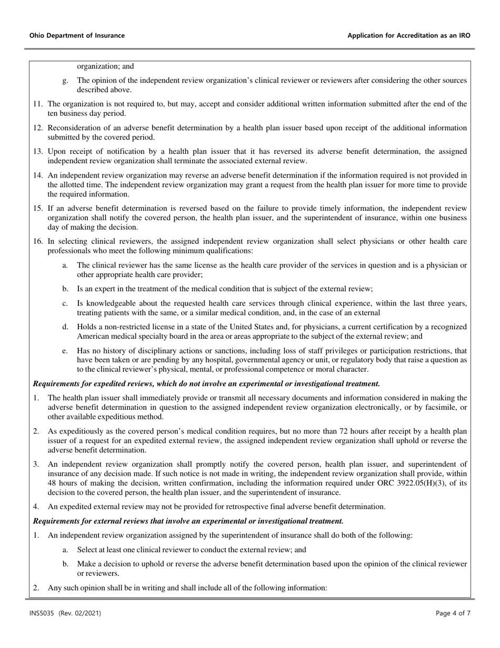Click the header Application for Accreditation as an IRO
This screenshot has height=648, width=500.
[x=409, y=36]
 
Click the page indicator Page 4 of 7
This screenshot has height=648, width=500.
[x=453, y=613]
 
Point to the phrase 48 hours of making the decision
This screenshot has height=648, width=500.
[x=94, y=484]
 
